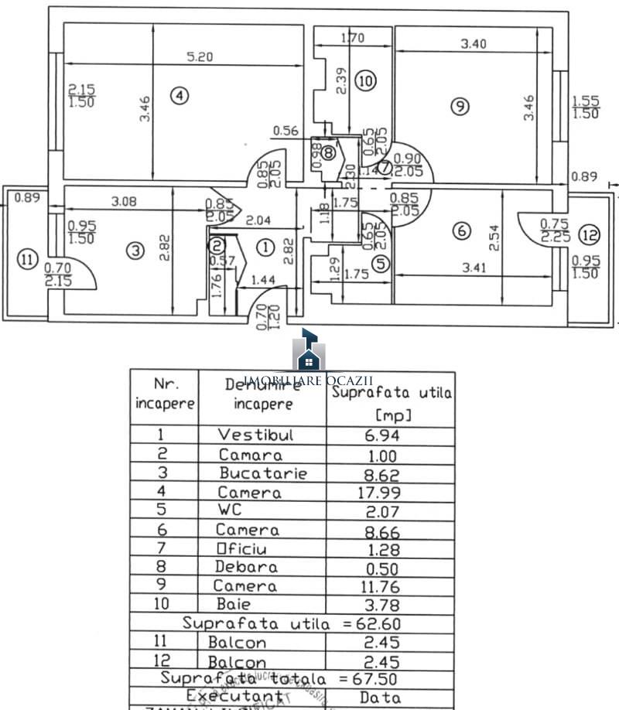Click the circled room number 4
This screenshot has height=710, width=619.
tap(179, 96)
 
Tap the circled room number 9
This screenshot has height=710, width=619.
tap(460, 107)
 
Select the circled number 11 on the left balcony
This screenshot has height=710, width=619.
tap(28, 260)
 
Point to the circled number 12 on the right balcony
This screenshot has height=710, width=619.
tap(590, 234)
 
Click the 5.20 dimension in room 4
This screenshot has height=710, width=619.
tap(200, 56)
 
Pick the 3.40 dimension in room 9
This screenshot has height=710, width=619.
tap(474, 44)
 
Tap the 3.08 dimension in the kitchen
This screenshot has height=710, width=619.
tap(125, 203)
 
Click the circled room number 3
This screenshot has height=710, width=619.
tap(135, 251)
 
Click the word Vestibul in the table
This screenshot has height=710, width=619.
tap(255, 435)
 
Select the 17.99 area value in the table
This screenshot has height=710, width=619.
tap(373, 492)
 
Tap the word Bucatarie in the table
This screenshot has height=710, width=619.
tap(263, 473)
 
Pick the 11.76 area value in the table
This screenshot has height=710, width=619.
tap(373, 585)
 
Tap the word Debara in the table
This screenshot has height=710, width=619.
tap(246, 567)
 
